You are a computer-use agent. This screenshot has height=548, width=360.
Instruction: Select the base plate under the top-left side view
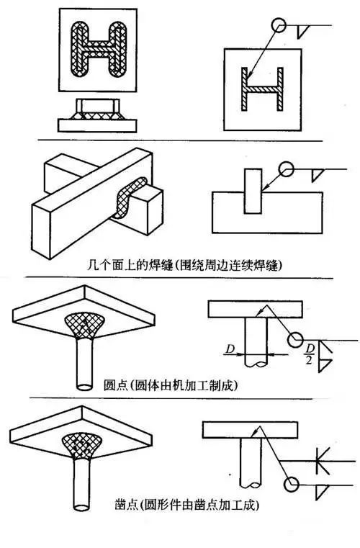[x=97, y=124]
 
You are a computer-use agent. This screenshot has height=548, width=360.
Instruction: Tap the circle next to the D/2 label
[x=293, y=338]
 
